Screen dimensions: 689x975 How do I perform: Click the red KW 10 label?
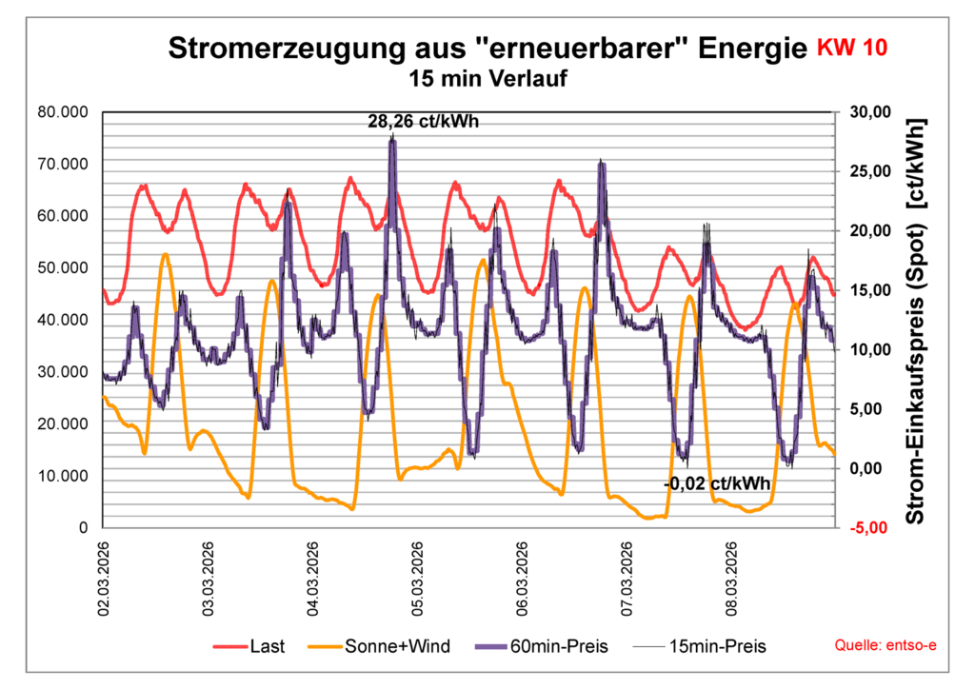click(854, 49)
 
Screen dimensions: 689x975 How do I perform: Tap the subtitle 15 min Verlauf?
click(487, 79)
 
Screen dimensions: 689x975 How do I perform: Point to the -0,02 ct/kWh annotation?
click(717, 483)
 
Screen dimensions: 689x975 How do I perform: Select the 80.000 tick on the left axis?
click(62, 112)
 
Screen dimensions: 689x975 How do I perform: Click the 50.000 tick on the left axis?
click(62, 267)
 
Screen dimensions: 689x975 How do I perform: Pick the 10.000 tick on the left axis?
click(62, 475)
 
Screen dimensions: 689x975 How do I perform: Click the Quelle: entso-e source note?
click(885, 646)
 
